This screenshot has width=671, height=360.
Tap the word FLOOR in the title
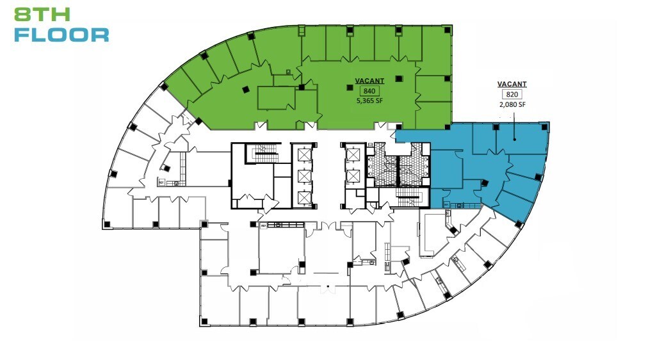61,35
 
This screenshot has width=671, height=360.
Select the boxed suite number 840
369,91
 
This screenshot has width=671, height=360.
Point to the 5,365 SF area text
369,101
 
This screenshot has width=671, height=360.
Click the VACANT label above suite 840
369,81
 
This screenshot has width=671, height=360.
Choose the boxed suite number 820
512,95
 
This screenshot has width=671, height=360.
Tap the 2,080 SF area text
512,104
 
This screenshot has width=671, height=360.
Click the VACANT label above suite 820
512,85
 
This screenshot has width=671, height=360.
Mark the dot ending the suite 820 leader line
516,136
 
